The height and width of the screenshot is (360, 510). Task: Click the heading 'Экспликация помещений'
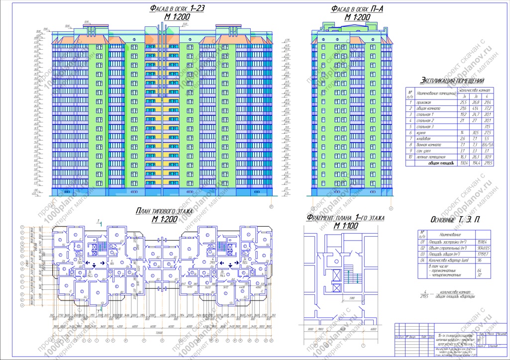click(x=452, y=81)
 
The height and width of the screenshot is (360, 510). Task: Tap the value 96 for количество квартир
click(x=480, y=260)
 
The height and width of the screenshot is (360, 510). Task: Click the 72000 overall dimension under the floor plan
click(x=159, y=331)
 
